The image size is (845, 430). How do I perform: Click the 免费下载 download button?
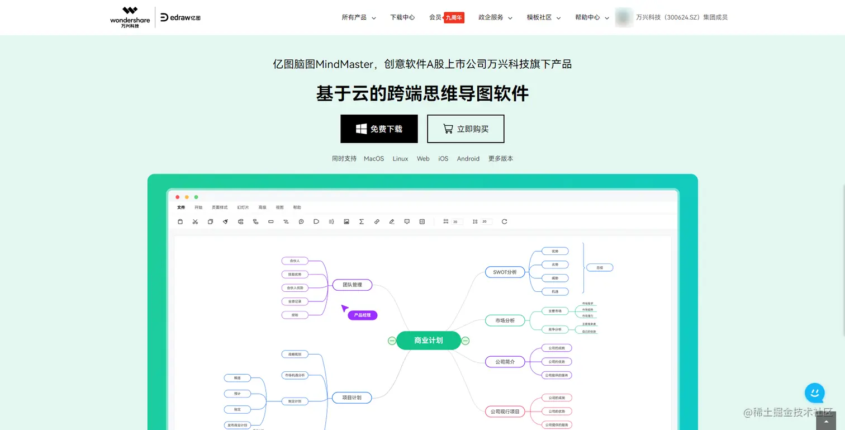(379, 129)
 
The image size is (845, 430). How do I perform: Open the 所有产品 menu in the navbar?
(358, 17)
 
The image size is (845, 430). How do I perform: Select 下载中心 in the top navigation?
(402, 17)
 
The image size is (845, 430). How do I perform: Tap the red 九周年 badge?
(454, 18)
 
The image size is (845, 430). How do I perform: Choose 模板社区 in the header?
(543, 17)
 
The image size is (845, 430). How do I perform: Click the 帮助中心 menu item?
(591, 17)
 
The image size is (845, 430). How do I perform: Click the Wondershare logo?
(130, 17)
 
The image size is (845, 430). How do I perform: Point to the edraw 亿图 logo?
(181, 17)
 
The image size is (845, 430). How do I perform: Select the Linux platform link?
(400, 159)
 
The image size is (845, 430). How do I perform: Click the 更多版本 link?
(501, 159)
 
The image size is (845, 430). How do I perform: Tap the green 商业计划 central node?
(429, 341)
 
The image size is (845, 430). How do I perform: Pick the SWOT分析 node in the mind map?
(505, 272)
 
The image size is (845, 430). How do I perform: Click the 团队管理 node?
(352, 285)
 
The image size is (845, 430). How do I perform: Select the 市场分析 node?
(505, 320)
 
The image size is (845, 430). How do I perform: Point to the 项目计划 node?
(352, 398)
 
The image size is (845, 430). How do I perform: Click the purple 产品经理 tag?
(363, 315)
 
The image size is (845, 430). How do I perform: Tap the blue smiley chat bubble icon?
(815, 393)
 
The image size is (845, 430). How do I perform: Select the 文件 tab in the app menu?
(181, 207)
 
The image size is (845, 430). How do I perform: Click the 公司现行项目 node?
(505, 412)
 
